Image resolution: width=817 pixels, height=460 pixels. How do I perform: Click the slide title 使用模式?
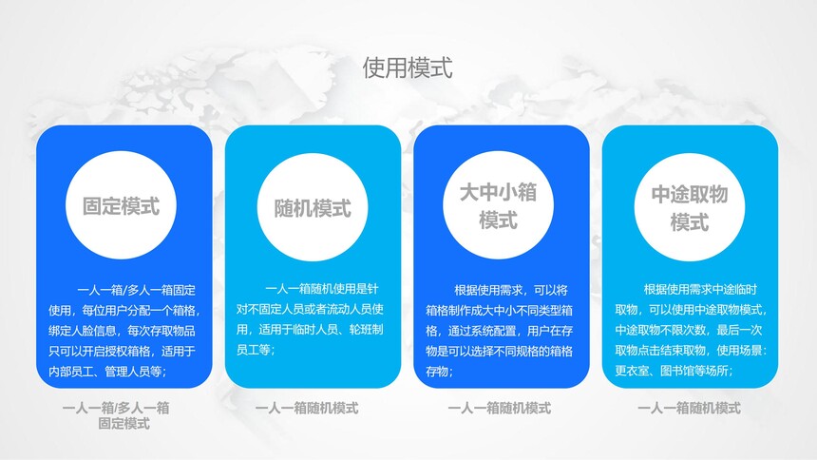coord(408,68)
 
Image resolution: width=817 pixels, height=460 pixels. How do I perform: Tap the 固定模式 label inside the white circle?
coord(121,206)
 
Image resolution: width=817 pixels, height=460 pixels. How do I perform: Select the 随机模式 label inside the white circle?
coord(313,209)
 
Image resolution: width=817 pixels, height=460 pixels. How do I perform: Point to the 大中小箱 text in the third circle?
coord(498,192)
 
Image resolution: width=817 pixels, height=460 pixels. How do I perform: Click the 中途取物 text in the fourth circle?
coord(690,195)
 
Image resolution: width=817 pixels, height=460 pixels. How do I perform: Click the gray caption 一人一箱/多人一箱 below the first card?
coord(116,408)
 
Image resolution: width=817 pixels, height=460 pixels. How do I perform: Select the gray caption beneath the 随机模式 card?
coord(307,408)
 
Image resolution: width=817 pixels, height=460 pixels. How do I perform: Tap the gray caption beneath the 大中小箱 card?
coord(499,408)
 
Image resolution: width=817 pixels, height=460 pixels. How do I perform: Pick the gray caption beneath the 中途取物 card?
coord(689,408)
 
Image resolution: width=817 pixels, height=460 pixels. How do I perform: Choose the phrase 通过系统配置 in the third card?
coord(482,331)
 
